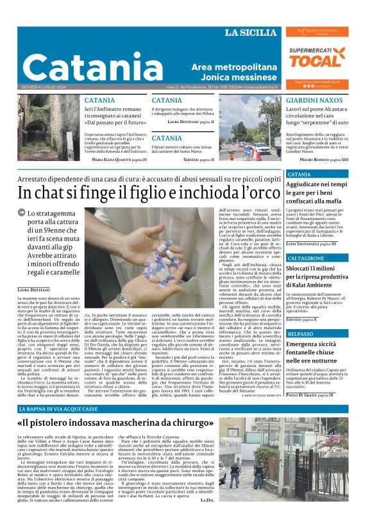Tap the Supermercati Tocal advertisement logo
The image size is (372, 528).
[317, 58]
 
